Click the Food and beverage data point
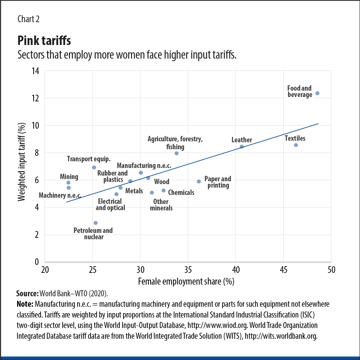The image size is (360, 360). pos(317,93)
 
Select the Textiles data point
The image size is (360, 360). pos(296,145)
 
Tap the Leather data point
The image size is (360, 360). pos(242,147)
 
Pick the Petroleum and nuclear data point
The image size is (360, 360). pos(96,223)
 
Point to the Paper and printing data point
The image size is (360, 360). pos(199,182)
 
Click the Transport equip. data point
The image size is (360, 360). pos(94,167)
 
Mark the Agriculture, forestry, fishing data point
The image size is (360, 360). pos(177,153)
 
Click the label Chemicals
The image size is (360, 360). pos(181,192)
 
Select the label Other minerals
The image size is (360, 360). pos(161,205)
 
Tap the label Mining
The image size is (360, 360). pos(69,177)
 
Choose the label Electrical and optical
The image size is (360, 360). pos(110,204)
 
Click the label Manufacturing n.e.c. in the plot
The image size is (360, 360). pos(144,165)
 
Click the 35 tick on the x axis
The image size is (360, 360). pos(188,270)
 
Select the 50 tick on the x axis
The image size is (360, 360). pos(331,270)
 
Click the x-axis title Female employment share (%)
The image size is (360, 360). pos(186,281)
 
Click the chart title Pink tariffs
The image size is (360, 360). pos(44,41)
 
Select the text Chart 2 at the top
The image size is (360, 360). pos(28,19)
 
